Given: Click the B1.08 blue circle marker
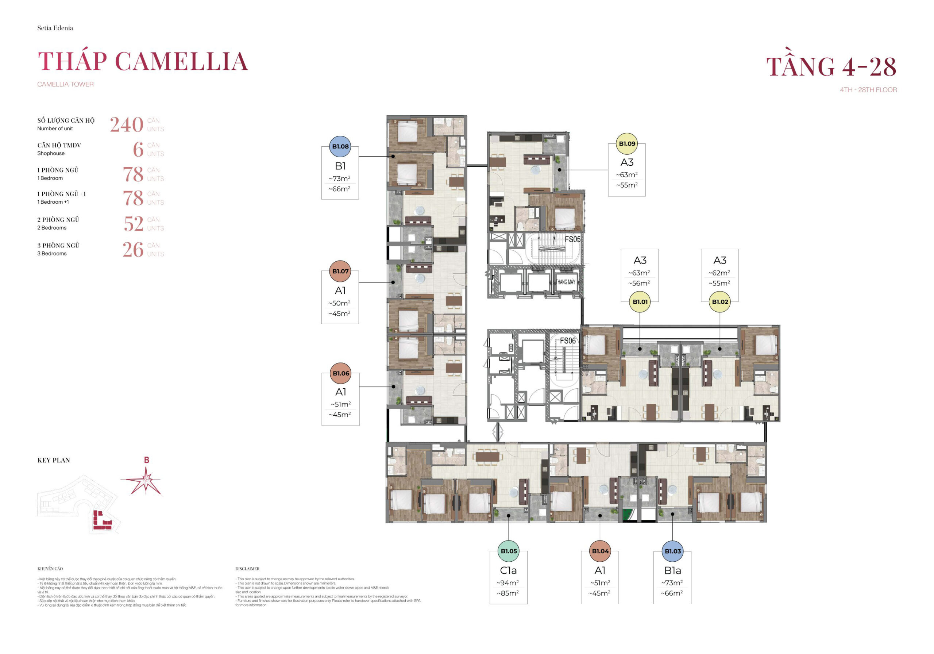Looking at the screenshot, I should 340,146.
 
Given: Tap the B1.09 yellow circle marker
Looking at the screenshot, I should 627,144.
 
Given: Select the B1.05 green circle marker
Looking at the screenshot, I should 509,551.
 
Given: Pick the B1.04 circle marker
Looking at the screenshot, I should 600,551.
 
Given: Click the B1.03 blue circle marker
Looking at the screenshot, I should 672,551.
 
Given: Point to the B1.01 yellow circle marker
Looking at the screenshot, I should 640,301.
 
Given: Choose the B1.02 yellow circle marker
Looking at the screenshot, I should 719,301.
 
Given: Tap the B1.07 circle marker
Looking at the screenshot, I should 340,271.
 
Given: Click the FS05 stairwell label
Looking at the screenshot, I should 572,239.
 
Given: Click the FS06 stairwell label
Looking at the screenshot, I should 567,341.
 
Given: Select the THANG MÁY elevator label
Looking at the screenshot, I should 566,282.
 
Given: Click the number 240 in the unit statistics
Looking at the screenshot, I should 127,124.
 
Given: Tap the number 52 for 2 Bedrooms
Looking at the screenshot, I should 134,224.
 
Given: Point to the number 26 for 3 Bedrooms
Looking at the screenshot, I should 133,250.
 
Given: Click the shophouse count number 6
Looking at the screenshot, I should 138,149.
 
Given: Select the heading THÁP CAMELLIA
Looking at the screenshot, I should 142,61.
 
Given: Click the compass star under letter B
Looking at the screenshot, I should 146,481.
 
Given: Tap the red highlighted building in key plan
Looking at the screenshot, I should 102,521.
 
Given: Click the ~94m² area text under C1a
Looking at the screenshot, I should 507,583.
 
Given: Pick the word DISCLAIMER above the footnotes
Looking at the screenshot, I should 247,569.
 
